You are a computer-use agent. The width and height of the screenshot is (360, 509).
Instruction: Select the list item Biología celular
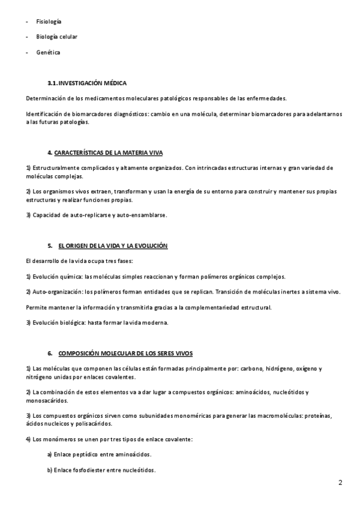point(56,37)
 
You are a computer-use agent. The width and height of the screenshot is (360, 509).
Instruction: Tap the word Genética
point(47,52)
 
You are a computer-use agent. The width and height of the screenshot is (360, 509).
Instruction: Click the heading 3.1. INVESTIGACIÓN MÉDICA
point(87,83)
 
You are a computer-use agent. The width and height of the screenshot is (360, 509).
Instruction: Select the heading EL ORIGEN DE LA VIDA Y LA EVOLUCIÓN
point(113,246)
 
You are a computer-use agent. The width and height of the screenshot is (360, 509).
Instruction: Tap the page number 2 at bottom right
point(340,482)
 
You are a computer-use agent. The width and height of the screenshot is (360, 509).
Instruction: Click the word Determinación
point(46,98)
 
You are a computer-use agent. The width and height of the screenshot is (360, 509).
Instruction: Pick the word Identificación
point(46,113)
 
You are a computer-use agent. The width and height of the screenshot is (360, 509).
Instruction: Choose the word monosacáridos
point(47,400)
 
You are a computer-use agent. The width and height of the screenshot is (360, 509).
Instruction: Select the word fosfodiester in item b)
point(89,470)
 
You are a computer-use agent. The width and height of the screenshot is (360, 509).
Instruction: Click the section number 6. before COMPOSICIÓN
point(50,353)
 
